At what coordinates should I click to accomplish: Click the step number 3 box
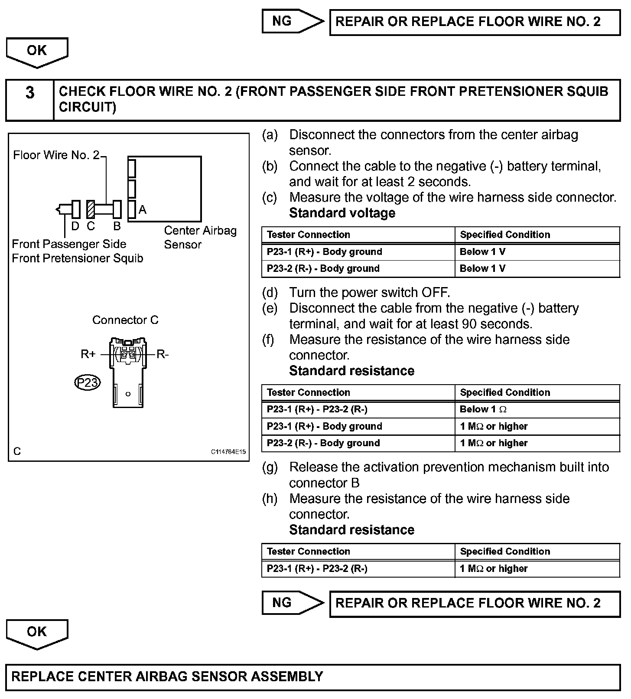[29, 100]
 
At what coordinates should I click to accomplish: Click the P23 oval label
[87, 382]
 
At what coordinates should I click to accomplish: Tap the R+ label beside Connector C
[88, 354]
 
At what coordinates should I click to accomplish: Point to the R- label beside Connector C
[163, 354]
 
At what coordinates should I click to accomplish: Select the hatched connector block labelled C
[90, 209]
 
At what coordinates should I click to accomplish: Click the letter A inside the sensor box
[143, 210]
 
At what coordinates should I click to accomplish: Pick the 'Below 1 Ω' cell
[483, 409]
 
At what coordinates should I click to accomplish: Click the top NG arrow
[293, 21]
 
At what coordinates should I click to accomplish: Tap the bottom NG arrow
[293, 603]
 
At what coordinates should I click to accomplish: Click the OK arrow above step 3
[37, 52]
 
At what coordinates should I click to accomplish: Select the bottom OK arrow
[37, 633]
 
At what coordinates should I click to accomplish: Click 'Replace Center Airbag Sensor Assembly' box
[313, 677]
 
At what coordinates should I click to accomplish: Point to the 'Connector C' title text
[125, 320]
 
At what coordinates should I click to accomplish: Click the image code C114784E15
[228, 452]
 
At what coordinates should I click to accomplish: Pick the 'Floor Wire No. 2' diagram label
[56, 155]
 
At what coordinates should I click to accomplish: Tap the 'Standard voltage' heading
[342, 213]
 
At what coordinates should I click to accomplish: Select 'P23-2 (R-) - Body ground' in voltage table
[323, 268]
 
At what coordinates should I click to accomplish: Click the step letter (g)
[270, 467]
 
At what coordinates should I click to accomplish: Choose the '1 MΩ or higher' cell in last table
[494, 568]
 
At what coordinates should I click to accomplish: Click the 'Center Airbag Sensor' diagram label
[200, 237]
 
